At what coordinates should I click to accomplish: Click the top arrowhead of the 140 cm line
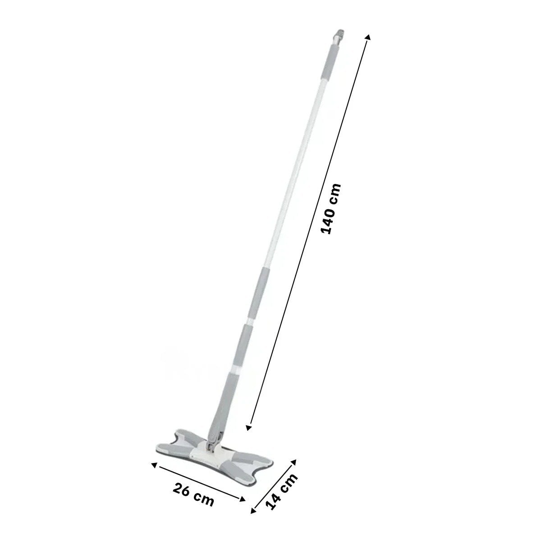pos(368,37)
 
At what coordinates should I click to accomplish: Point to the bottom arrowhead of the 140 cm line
pos(248,435)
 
